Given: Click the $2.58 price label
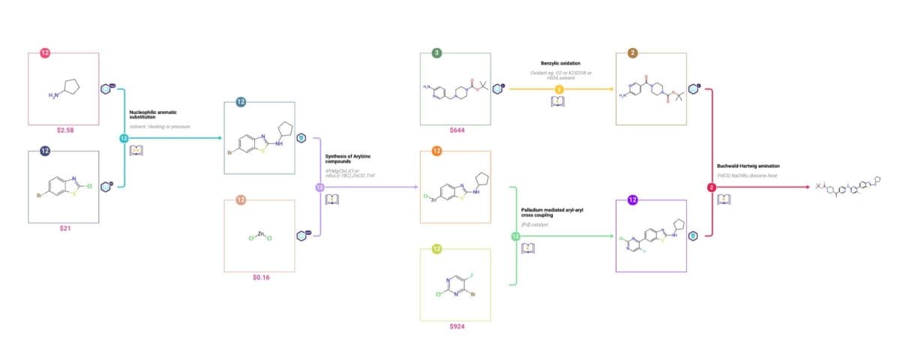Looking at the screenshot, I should pyautogui.click(x=64, y=130).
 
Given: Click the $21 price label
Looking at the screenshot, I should pyautogui.click(x=64, y=228).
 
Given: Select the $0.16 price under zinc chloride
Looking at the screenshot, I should pyautogui.click(x=260, y=277).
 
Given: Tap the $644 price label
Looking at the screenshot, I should pyautogui.click(x=457, y=130).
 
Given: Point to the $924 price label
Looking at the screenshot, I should pyautogui.click(x=457, y=326).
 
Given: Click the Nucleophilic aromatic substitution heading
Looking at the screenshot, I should pyautogui.click(x=153, y=114).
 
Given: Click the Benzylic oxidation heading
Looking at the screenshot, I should pyautogui.click(x=559, y=64).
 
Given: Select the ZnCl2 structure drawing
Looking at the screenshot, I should pyautogui.click(x=260, y=236).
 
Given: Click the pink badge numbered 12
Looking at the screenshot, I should pyautogui.click(x=45, y=53).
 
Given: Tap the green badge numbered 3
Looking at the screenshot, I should pyautogui.click(x=436, y=53).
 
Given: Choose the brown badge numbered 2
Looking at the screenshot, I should pyautogui.click(x=632, y=53).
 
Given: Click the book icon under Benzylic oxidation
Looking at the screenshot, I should pyautogui.click(x=559, y=102).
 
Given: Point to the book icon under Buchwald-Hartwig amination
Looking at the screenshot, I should pyautogui.click(x=724, y=199).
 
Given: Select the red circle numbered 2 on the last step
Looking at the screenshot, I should pyautogui.click(x=712, y=187).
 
